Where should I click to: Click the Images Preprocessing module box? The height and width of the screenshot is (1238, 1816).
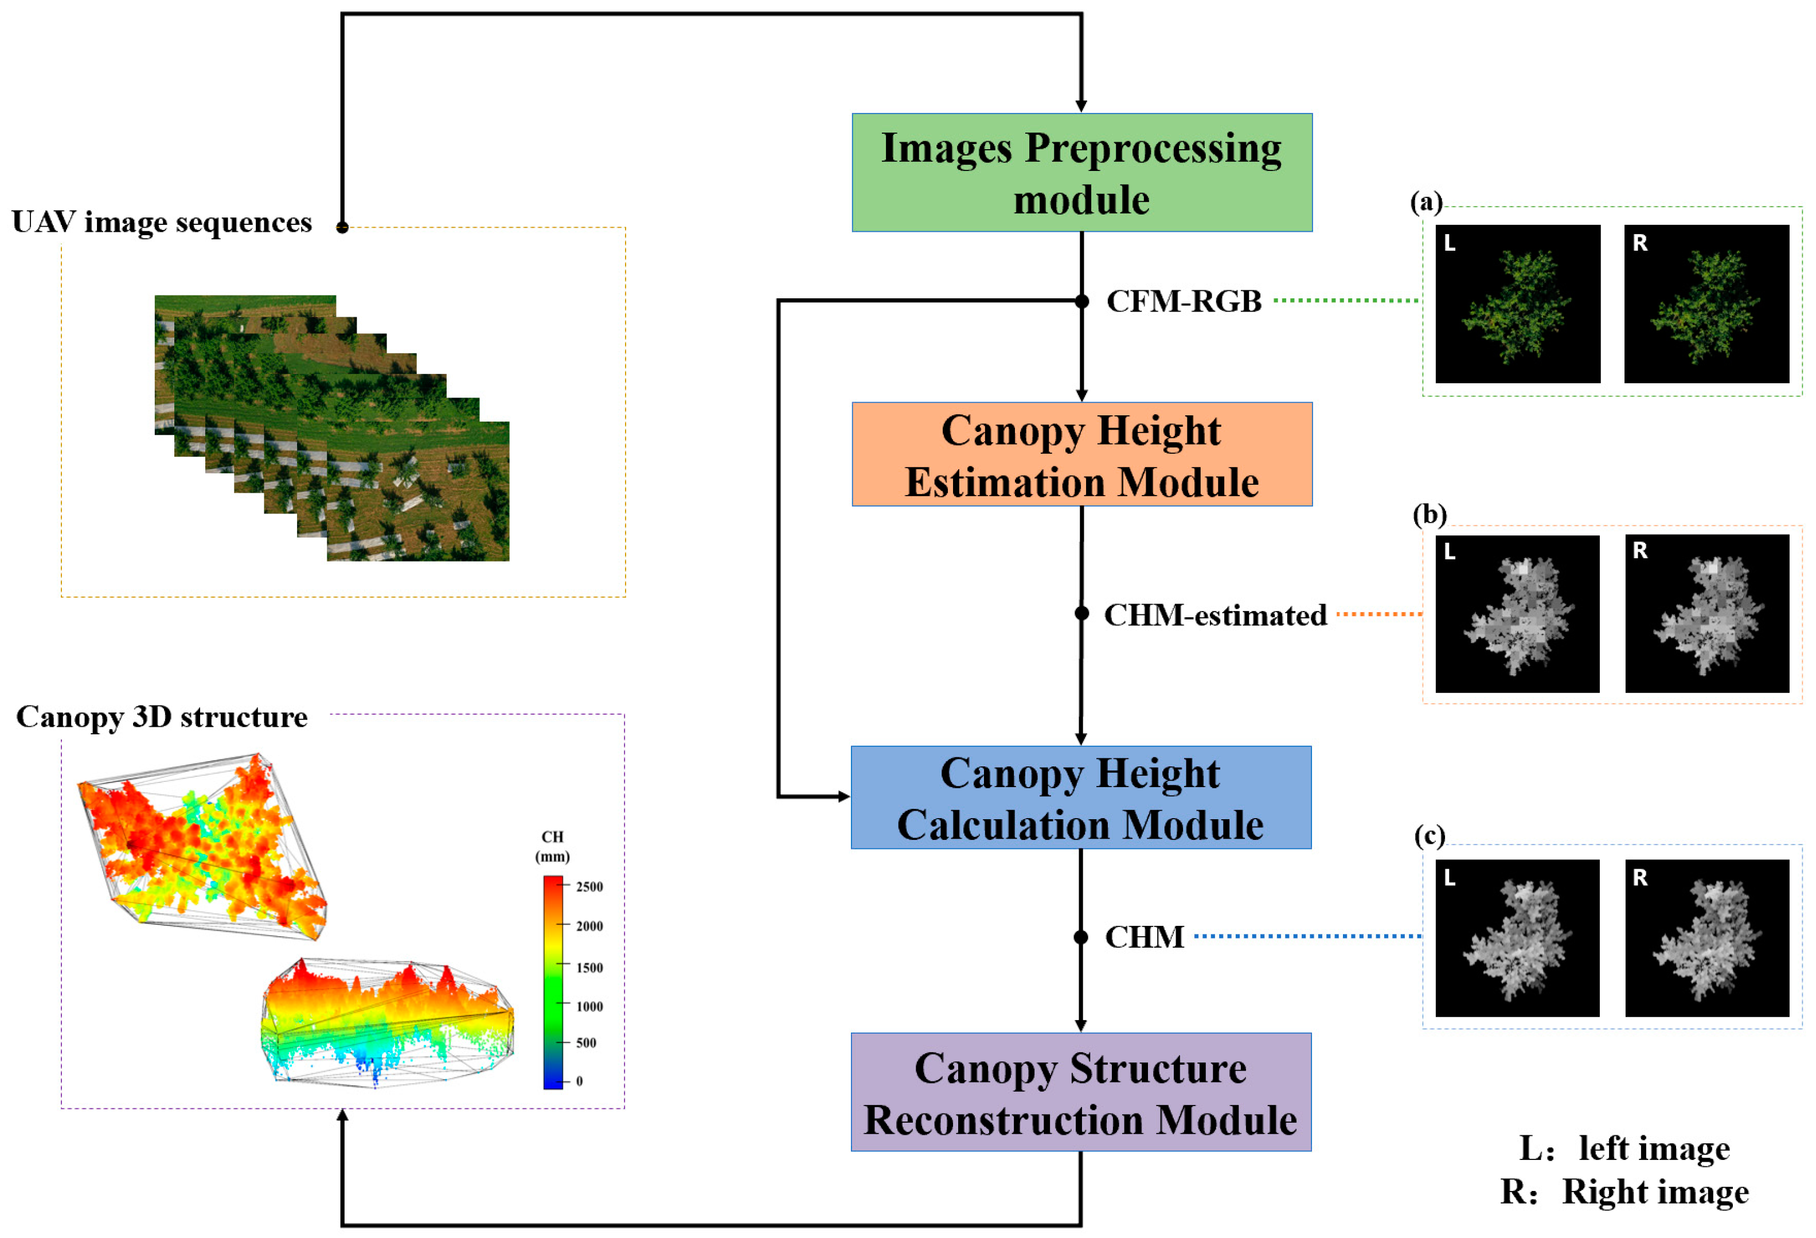[x=1081, y=172]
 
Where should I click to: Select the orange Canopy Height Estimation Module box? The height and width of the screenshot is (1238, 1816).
[x=1081, y=454]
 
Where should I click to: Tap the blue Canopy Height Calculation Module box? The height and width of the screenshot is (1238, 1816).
[x=1081, y=797]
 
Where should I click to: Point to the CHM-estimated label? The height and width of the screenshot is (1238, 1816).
[x=1214, y=615]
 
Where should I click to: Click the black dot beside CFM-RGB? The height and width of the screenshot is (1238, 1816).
[x=1081, y=301]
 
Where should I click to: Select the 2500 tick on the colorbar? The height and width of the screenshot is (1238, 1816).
[x=589, y=886]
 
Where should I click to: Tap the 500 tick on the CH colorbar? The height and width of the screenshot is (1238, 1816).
[x=586, y=1042]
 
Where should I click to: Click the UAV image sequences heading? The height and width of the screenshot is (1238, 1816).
[x=162, y=222]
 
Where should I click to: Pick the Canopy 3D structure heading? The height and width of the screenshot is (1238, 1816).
[x=162, y=717]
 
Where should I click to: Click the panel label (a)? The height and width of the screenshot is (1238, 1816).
[x=1426, y=203]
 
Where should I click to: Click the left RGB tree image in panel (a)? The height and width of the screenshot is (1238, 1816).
[x=1517, y=304]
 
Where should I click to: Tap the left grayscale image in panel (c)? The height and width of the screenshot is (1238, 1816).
[x=1517, y=938]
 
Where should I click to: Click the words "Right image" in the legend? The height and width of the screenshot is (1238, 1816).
[x=1655, y=1193]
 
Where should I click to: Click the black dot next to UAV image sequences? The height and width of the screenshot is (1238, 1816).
[x=342, y=227]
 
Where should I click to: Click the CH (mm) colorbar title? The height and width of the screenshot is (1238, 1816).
[x=552, y=846]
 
